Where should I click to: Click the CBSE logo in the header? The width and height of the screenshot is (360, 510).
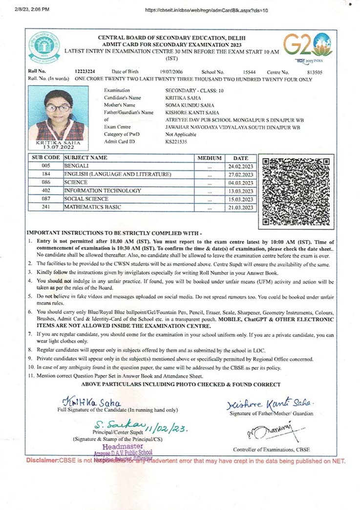44,47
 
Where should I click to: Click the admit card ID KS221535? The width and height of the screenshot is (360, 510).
176,142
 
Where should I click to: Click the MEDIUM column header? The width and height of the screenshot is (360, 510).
210,158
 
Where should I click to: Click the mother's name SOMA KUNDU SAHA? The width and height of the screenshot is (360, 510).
190,105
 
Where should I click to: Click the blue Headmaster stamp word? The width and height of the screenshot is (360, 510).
123,446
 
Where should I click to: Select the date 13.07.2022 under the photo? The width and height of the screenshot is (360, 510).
59,148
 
